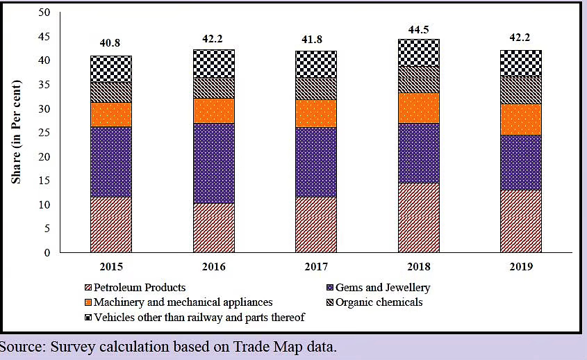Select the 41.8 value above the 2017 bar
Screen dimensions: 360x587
point(315,41)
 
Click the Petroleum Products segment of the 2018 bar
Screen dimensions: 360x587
point(418,218)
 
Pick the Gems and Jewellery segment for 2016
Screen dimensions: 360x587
point(213,163)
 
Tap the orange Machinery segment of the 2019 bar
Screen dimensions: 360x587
point(520,119)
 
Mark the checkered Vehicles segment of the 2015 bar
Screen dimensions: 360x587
point(110,69)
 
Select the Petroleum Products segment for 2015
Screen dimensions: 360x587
point(110,224)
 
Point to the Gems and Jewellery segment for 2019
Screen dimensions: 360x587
point(520,162)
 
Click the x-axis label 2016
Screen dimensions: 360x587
point(213,268)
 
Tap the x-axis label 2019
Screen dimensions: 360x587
point(520,268)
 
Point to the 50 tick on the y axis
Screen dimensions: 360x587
point(44,13)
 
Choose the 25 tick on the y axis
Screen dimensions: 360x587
point(44,133)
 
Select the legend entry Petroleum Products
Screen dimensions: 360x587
point(139,288)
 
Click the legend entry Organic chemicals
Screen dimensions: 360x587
point(379,302)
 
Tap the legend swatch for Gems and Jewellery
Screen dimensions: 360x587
point(329,288)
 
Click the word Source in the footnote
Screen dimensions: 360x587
point(22,347)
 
